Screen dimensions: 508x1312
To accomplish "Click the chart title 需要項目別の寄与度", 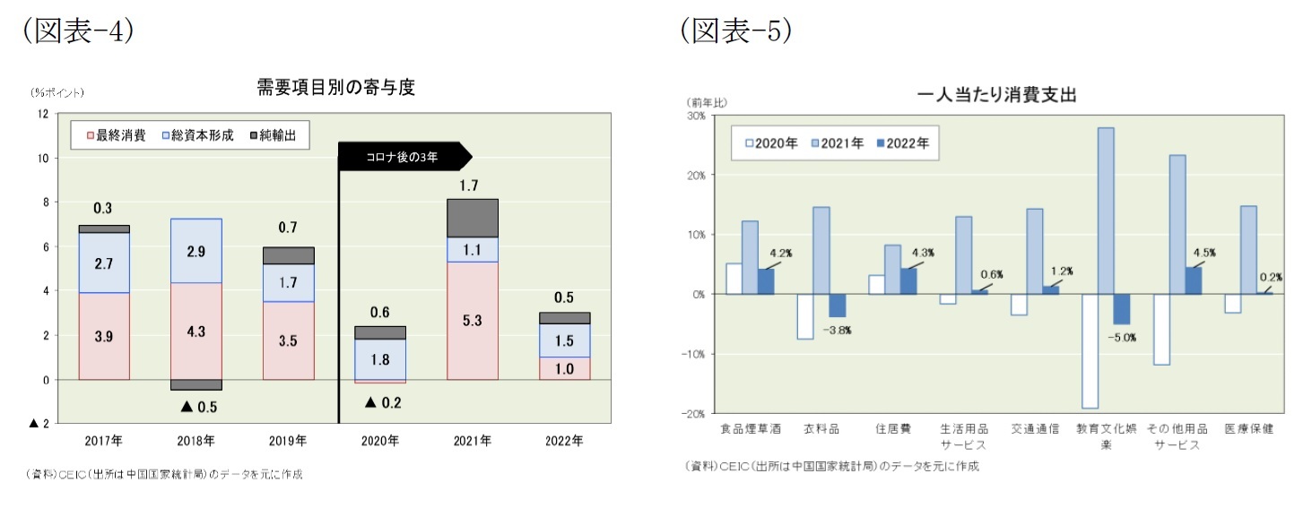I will (335, 88).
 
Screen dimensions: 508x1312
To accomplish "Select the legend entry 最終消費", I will (116, 135).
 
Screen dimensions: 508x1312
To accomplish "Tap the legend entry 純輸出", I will (279, 135).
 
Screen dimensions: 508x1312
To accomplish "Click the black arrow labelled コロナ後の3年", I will (404, 157).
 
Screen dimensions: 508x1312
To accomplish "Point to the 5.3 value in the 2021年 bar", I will (472, 319).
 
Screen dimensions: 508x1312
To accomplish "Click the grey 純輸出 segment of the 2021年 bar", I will (472, 218).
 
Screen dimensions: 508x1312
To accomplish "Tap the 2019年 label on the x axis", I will (288, 441).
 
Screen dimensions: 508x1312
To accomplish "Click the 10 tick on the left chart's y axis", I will (41, 159).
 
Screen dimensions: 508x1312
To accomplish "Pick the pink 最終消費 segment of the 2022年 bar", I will (564, 368).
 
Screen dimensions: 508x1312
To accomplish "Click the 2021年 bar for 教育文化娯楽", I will (1106, 211).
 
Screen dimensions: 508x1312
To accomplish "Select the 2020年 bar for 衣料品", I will (804, 316).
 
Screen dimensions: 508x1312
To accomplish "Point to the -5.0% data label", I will (1121, 338).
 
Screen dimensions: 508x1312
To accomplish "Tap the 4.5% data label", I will (1204, 253).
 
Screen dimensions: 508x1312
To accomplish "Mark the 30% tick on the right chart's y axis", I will (696, 116).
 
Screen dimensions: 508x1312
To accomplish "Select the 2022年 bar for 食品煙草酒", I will (766, 281).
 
